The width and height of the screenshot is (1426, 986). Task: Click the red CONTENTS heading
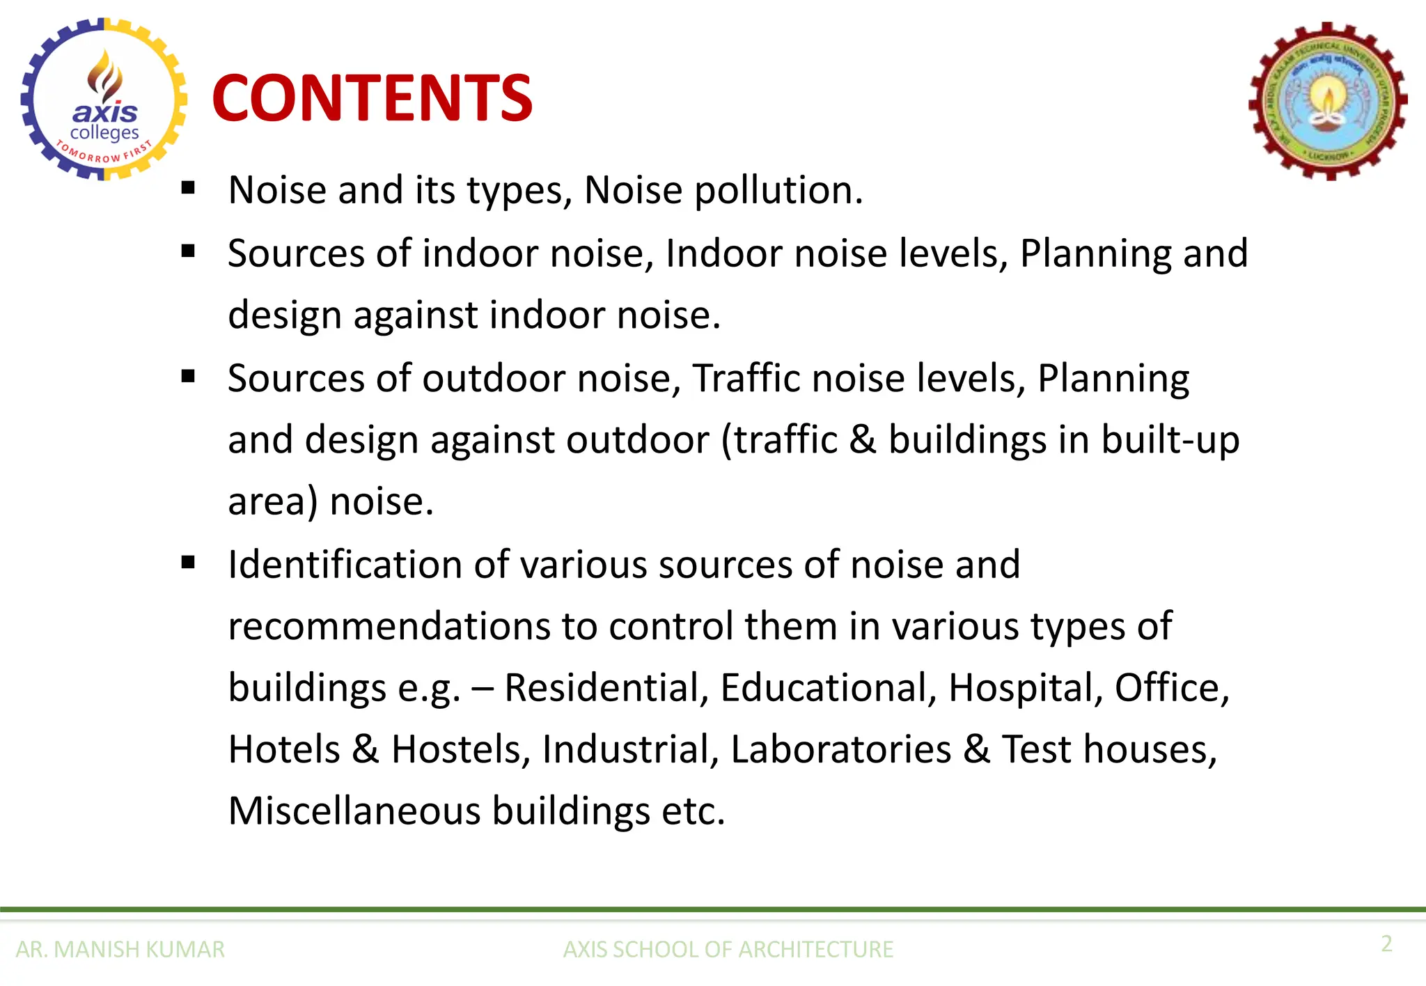pyautogui.click(x=373, y=98)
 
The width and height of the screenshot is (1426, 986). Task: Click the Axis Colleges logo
pyautogui.click(x=104, y=100)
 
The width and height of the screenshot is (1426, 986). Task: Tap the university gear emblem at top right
pyautogui.click(x=1328, y=102)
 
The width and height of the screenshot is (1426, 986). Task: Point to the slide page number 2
pyautogui.click(x=1386, y=944)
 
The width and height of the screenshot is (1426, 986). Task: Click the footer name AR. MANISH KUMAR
pyautogui.click(x=120, y=949)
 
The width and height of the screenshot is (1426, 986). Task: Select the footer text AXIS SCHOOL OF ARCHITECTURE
pyautogui.click(x=728, y=949)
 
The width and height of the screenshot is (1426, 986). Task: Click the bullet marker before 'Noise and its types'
pyautogui.click(x=188, y=188)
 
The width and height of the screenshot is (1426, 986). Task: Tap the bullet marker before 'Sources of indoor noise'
pyautogui.click(x=188, y=251)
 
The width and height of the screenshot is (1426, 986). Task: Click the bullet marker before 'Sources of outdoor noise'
pyautogui.click(x=188, y=377)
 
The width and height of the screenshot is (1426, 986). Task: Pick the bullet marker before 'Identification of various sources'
pyautogui.click(x=188, y=563)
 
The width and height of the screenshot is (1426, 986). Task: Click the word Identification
pyautogui.click(x=345, y=564)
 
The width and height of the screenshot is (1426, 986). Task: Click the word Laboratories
pyautogui.click(x=840, y=750)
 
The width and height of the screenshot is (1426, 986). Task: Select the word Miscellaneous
pyautogui.click(x=354, y=811)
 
